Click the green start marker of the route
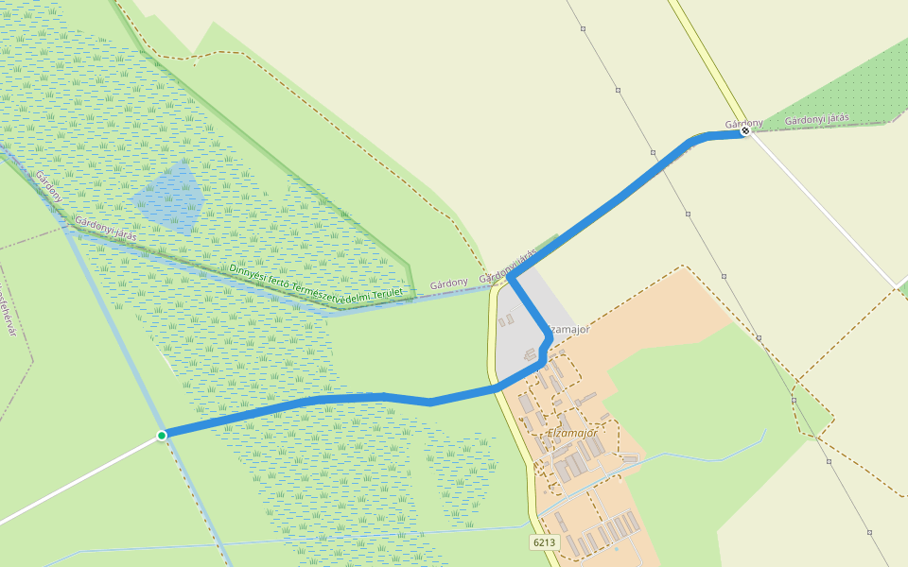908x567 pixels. click(x=162, y=435)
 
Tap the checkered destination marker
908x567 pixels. click(x=745, y=131)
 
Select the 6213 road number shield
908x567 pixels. click(x=544, y=542)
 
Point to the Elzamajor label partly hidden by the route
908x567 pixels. click(x=569, y=329)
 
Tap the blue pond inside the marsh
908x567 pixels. click(x=170, y=196)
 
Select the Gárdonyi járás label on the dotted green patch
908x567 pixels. click(x=817, y=120)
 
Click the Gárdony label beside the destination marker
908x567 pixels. click(x=742, y=123)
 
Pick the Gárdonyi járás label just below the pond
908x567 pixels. click(x=105, y=229)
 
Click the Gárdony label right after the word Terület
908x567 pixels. click(x=448, y=283)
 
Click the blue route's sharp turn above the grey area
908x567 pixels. click(x=512, y=277)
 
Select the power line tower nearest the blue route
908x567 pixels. click(x=653, y=151)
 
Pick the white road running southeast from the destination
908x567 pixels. click(x=823, y=209)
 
